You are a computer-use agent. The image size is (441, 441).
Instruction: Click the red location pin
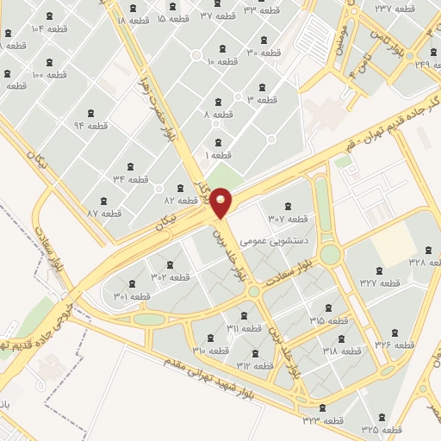221,203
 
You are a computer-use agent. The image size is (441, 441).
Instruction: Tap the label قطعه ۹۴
90,126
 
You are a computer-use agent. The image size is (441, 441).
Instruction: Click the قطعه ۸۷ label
104,213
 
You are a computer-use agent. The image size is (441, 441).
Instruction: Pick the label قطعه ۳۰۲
171,276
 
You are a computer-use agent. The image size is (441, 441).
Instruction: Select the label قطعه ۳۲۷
380,283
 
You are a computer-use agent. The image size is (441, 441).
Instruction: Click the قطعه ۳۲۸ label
417,262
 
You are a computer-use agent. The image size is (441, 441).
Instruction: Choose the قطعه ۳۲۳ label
321,420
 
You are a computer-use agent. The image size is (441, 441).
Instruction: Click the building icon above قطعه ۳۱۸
342,339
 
